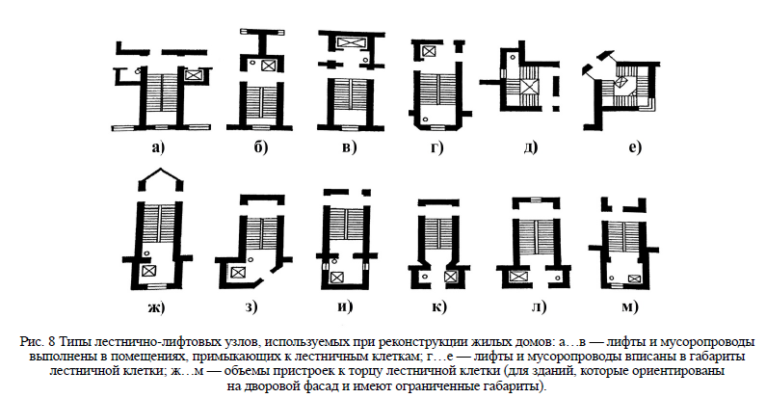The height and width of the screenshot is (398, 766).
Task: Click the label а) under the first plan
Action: [158, 147]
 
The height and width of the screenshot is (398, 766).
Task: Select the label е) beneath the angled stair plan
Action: [635, 147]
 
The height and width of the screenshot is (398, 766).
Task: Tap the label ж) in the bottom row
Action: [156, 307]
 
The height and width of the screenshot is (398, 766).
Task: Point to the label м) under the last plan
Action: [630, 306]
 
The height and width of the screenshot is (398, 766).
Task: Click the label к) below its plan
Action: [439, 306]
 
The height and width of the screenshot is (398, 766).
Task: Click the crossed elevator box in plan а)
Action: [193, 75]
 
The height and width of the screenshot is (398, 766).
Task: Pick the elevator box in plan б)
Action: [267, 66]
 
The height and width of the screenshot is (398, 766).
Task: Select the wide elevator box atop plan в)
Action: [351, 42]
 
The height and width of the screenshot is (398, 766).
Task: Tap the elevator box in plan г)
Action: [429, 50]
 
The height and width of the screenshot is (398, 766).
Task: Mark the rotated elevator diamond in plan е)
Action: [621, 81]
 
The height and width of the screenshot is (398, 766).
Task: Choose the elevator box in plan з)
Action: [238, 273]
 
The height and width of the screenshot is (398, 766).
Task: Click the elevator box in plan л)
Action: [516, 277]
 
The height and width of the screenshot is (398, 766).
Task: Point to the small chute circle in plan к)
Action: [425, 277]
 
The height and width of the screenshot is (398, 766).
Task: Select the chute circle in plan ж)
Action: [145, 252]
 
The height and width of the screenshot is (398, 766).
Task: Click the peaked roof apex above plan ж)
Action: [161, 169]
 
